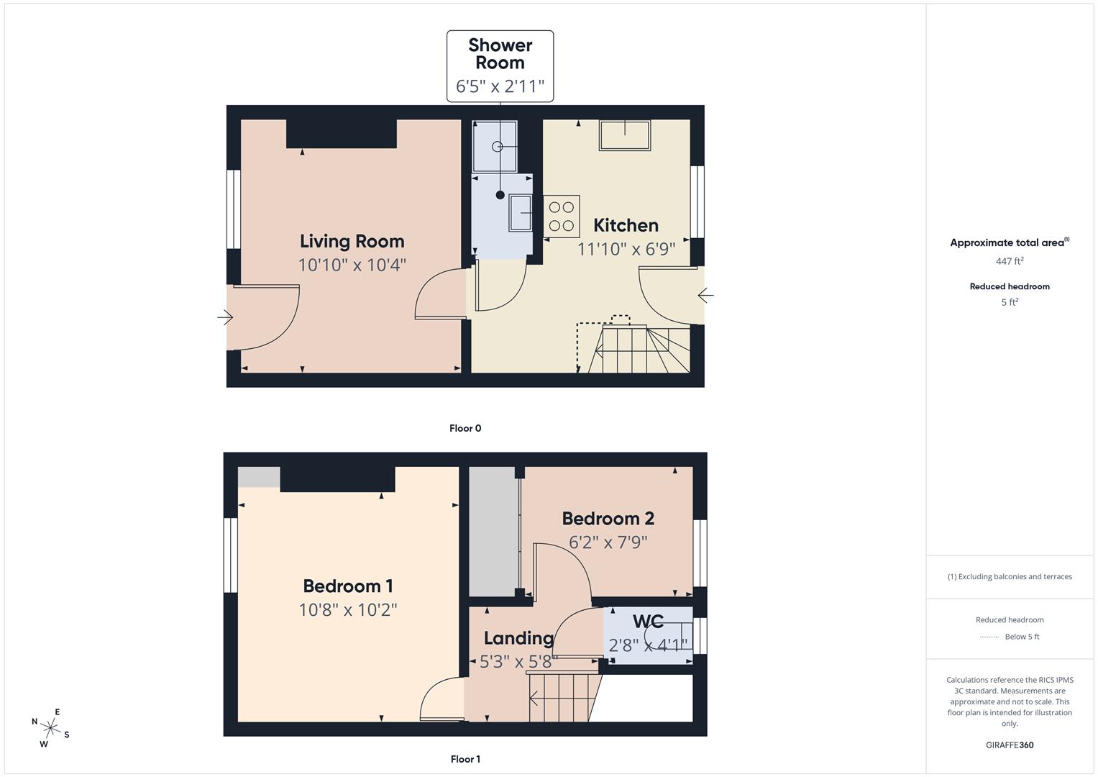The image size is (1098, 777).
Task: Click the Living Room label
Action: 352,241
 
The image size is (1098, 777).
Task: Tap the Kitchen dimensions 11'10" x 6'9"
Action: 626,249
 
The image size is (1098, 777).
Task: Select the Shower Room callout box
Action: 500,66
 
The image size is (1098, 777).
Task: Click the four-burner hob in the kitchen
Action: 562,217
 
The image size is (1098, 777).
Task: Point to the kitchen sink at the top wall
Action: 625,135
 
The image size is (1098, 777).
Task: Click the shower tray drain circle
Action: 497,146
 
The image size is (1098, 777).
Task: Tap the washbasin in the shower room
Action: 520,213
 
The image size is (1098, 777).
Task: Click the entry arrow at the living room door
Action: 226,317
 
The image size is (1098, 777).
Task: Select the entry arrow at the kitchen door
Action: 705,295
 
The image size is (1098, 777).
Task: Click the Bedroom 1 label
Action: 347,586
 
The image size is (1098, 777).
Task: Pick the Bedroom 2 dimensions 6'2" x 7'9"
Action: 608,542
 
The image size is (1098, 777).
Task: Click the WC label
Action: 648,622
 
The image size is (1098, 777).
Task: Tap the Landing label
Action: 518,638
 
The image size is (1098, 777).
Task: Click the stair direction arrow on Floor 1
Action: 534,697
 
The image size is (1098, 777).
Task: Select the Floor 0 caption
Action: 465,428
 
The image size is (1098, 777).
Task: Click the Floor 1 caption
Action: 465,759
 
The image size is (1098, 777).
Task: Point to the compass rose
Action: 50,727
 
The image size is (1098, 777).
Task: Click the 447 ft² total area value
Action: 1009,261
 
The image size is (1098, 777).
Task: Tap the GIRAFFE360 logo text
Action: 1009,745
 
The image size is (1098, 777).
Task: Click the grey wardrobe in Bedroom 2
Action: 494,532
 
